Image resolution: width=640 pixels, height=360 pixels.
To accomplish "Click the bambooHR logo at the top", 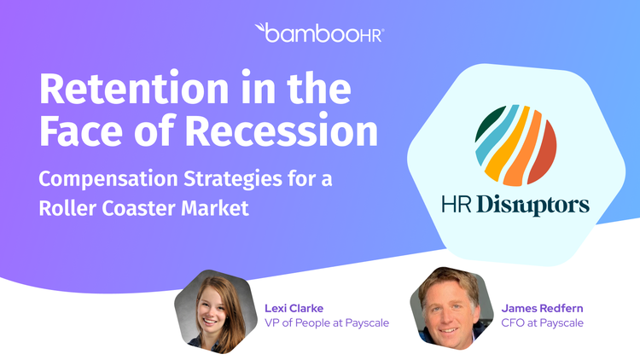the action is (320, 32).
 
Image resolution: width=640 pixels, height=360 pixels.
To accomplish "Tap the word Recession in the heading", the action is (282, 131).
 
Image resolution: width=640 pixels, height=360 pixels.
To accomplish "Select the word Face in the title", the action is (81, 131).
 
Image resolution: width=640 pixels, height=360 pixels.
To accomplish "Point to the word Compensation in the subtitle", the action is (108, 179).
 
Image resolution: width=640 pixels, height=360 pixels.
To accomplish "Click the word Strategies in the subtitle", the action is (233, 179).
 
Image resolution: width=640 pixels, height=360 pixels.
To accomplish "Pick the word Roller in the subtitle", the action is (67, 208).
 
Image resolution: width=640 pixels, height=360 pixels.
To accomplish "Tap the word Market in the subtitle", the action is (215, 208).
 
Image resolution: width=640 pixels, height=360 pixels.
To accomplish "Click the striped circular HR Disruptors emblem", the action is (515, 145).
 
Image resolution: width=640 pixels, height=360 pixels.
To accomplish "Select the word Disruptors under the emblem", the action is (532, 205).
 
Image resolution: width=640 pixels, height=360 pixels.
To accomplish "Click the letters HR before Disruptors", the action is (457, 204).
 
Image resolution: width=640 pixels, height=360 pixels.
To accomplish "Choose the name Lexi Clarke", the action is (294, 308).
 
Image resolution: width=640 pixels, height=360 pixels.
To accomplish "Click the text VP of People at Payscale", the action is (327, 322).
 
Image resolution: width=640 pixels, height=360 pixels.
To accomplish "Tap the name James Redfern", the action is (542, 308).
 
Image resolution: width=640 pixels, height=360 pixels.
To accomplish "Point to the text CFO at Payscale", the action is (542, 322).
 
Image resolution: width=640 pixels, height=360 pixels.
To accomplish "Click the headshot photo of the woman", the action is (216, 311).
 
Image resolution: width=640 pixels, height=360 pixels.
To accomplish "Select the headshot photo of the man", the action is (451, 309).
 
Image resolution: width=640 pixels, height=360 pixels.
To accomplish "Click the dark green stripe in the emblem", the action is (490, 123).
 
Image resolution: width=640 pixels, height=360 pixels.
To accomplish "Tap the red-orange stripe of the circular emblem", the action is (544, 152).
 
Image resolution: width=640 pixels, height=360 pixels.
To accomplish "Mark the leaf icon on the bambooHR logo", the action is (260, 28).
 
